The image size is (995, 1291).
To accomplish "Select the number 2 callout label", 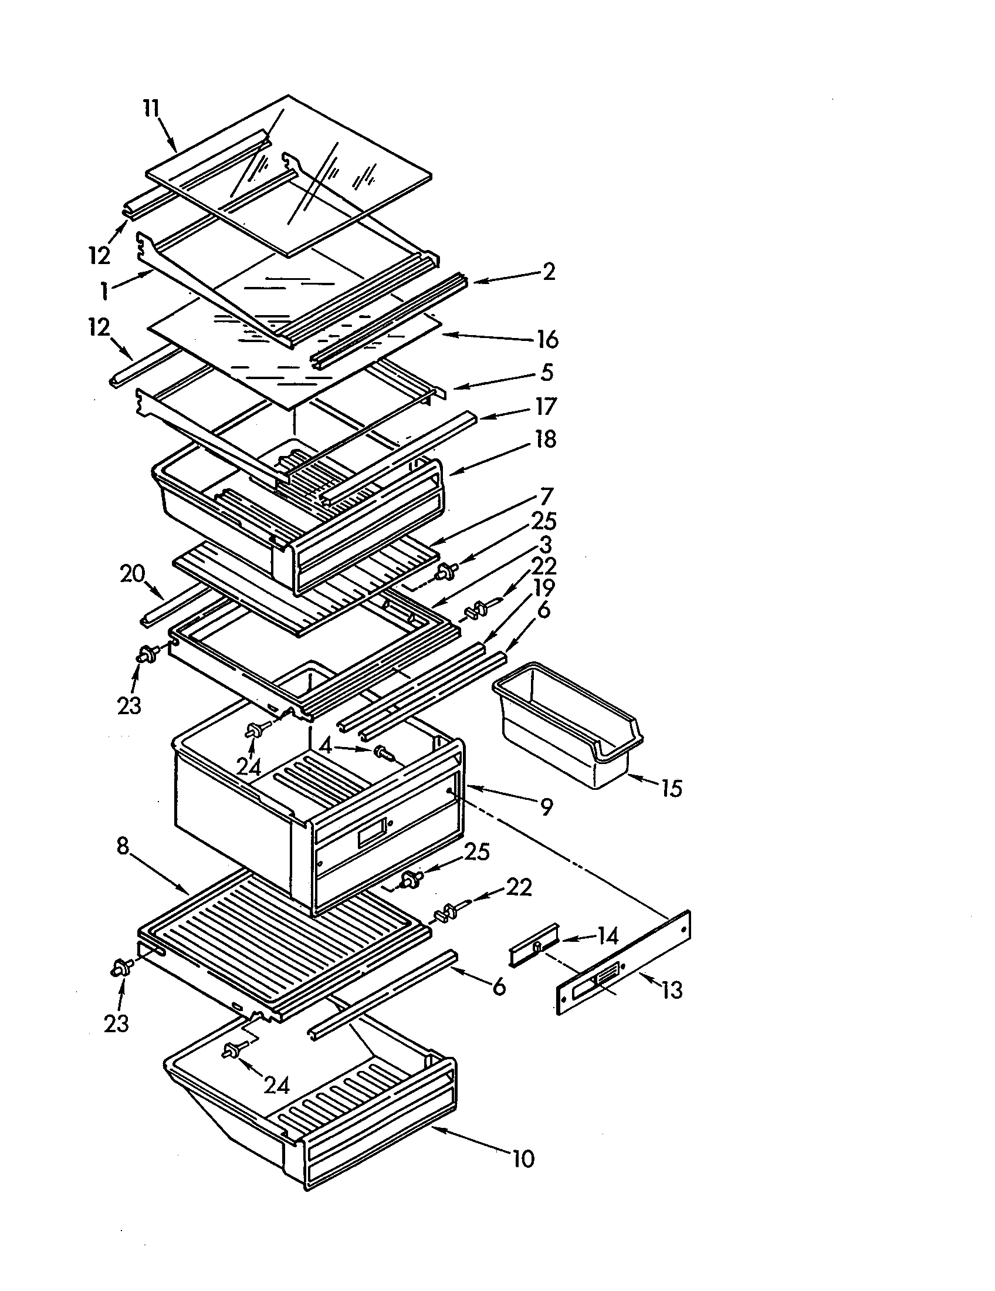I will pos(549,272).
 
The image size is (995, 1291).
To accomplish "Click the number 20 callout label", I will pos(133,574).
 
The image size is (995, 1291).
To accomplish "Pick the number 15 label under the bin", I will pos(671,788).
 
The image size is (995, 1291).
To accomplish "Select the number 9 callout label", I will pos(547,807).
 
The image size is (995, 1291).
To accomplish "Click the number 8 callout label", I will pos(122,846).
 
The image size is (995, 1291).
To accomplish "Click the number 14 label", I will pos(607,936).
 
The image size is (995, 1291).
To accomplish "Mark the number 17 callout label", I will pos(546,407).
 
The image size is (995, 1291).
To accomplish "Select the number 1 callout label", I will pos(104,291).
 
